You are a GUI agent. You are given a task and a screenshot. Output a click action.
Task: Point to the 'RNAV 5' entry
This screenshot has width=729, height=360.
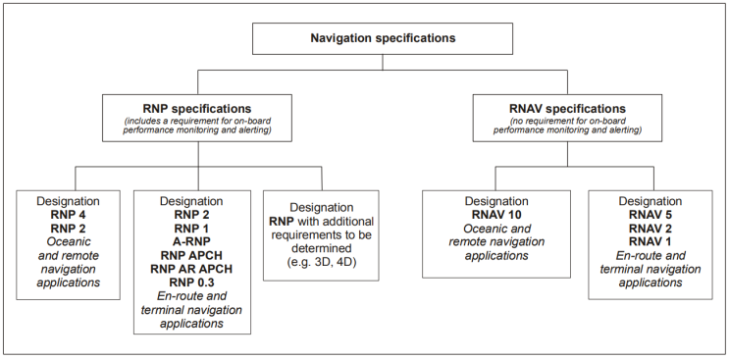click(x=649, y=214)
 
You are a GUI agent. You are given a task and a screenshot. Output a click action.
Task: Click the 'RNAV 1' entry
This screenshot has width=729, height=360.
click(x=649, y=241)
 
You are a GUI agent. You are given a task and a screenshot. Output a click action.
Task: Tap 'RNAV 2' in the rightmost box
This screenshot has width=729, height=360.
click(x=649, y=228)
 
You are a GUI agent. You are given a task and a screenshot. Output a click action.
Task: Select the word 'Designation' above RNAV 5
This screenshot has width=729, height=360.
click(x=649, y=200)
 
